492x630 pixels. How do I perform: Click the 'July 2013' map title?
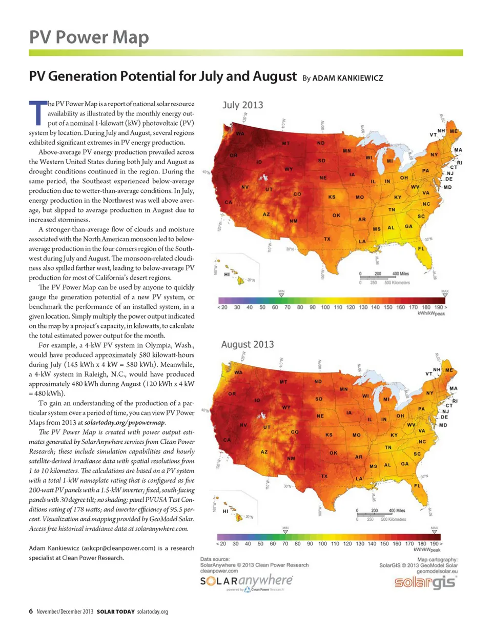click(243, 105)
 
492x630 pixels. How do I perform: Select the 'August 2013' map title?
click(248, 344)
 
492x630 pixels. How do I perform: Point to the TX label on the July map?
click(326, 239)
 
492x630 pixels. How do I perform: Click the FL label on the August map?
click(417, 485)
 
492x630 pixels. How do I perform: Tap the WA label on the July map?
click(240, 133)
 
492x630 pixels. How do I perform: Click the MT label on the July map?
click(286, 144)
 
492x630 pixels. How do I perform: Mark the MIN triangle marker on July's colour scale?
click(281, 295)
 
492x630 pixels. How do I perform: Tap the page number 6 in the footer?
click(31, 611)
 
